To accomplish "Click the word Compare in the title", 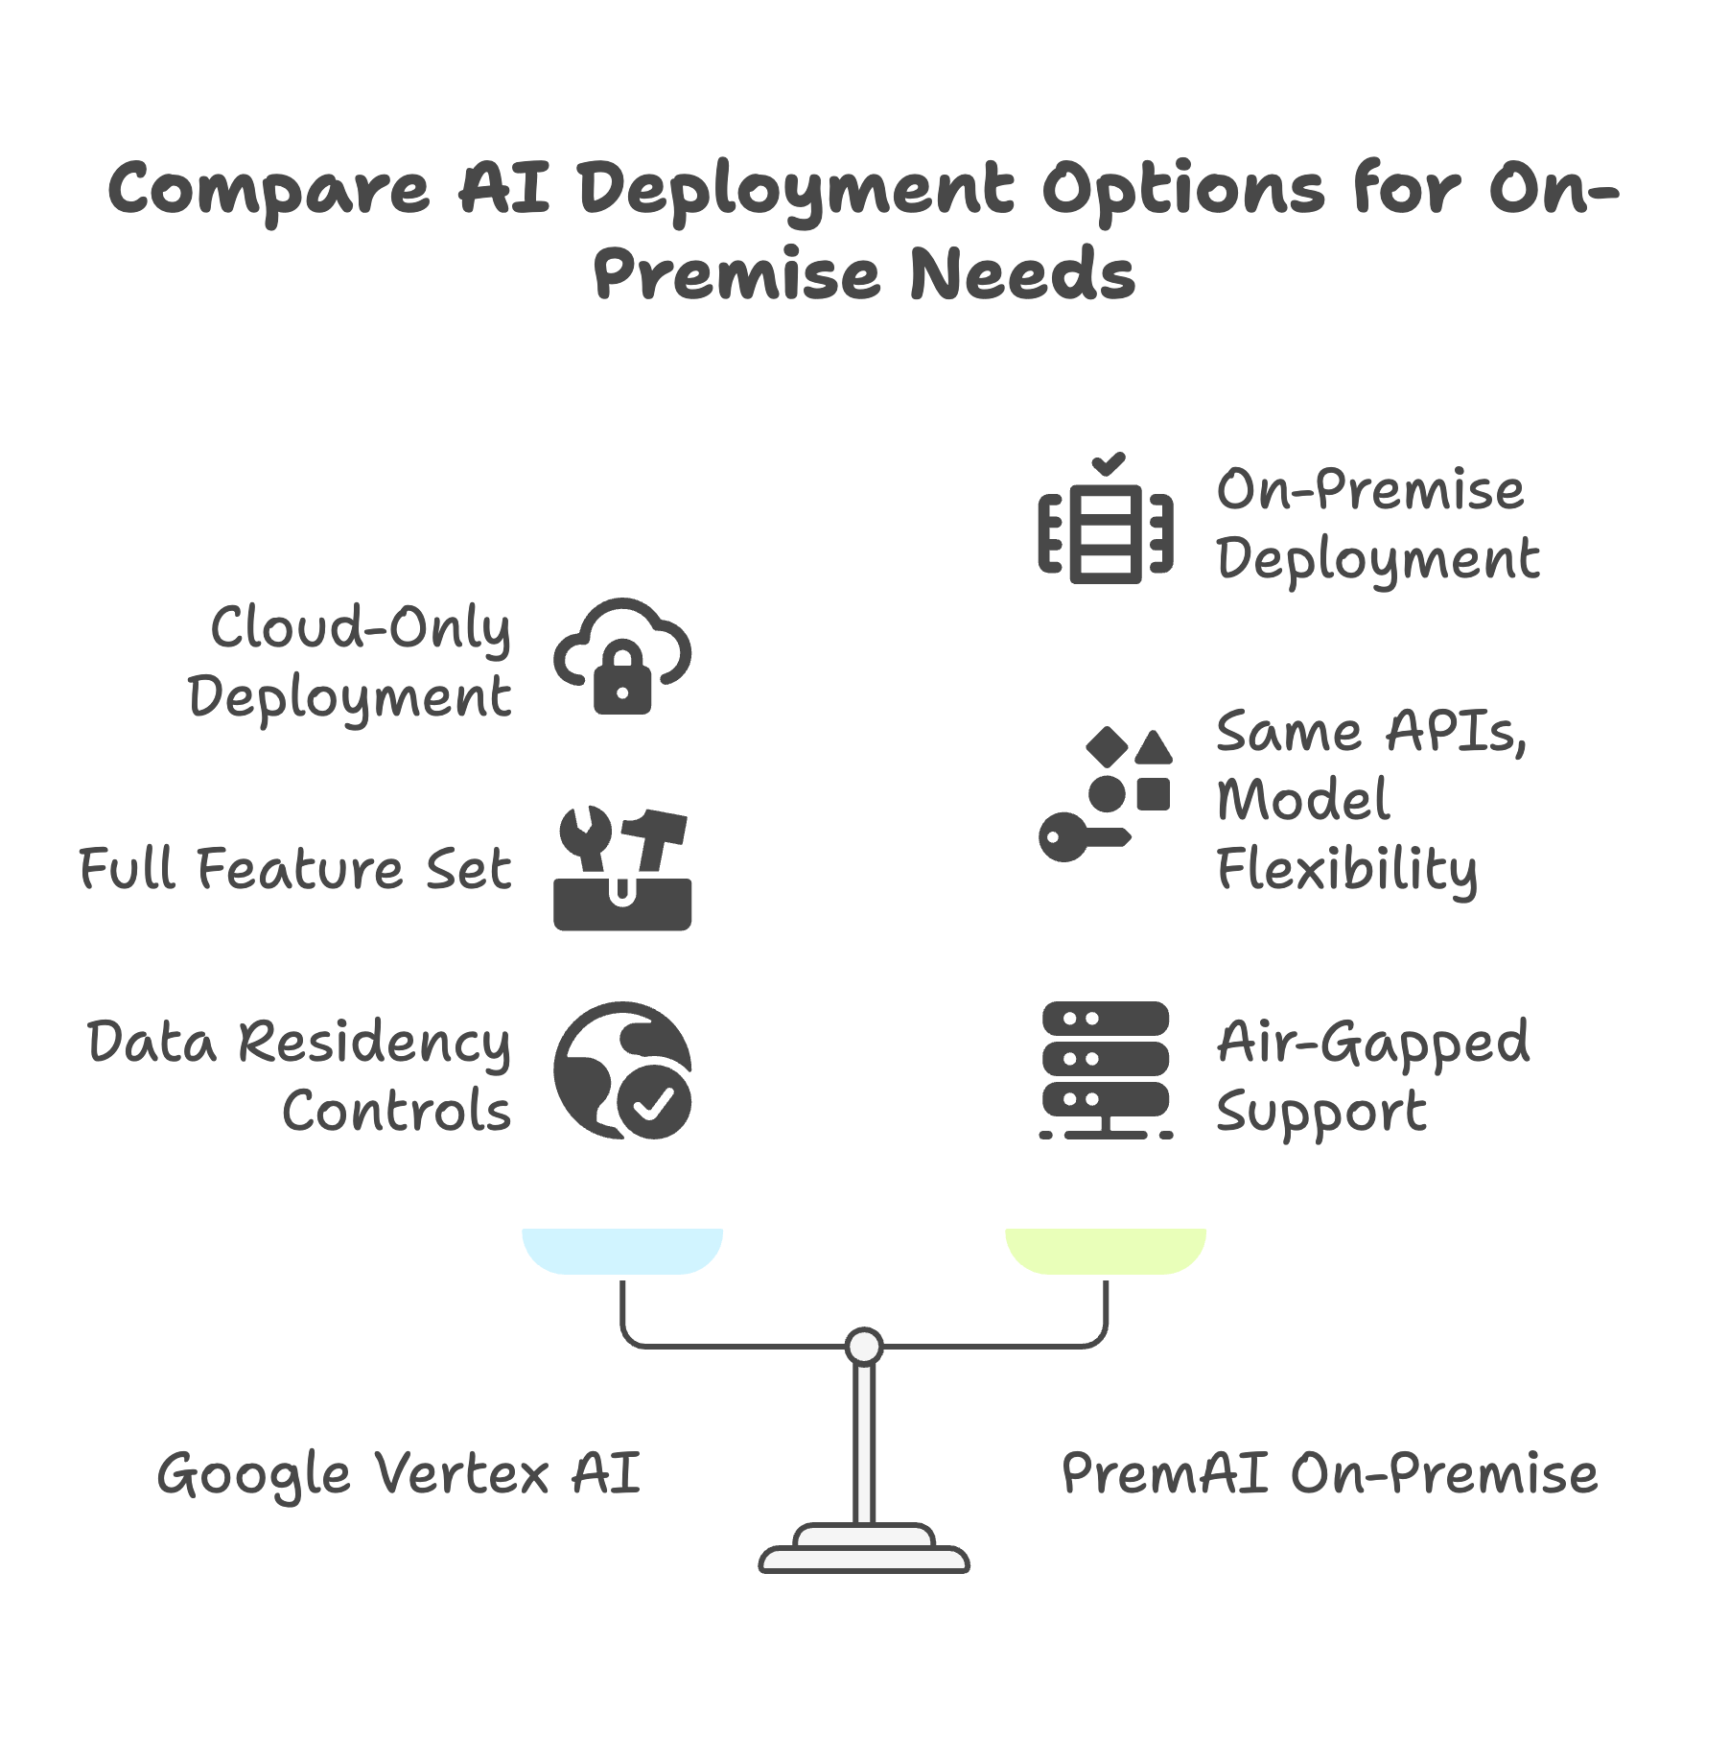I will point(269,190).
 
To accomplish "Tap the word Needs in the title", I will point(1022,275).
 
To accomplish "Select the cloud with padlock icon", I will point(622,657).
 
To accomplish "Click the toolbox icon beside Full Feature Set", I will point(622,869).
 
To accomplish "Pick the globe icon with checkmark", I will point(622,1070).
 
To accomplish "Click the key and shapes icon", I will point(1106,794).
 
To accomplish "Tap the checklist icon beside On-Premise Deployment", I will point(1106,523).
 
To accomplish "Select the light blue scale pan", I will point(622,1250).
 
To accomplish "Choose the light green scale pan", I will point(1106,1250).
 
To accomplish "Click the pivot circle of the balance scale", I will point(864,1347).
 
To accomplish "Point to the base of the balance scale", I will point(864,1550).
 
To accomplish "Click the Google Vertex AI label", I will point(398,1474).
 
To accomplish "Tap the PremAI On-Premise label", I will point(1329,1474).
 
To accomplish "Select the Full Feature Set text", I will point(294,869).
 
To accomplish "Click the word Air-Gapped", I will point(1373,1043).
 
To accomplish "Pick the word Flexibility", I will point(1346,870).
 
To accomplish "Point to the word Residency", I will point(374,1043).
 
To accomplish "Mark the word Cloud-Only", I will point(361,629).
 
